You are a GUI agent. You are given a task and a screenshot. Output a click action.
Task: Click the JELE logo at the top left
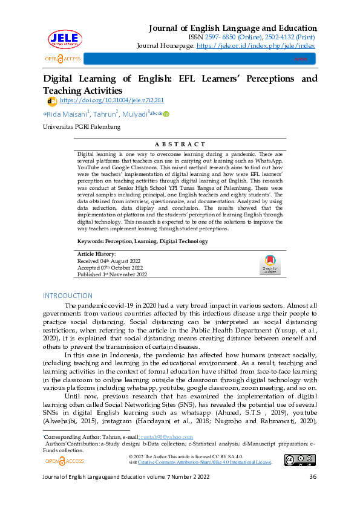[x=64, y=38]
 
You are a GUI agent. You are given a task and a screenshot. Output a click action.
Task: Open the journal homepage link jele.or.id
[x=255, y=45]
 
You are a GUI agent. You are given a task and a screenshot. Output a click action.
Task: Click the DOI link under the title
[x=112, y=100]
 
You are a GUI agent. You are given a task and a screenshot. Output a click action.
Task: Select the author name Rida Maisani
[x=68, y=114]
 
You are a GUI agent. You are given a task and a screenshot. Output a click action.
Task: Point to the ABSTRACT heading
[x=180, y=144]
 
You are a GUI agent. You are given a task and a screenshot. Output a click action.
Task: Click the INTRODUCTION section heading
[x=67, y=296]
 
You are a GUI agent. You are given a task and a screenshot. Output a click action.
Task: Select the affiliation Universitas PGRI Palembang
[x=82, y=127]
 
